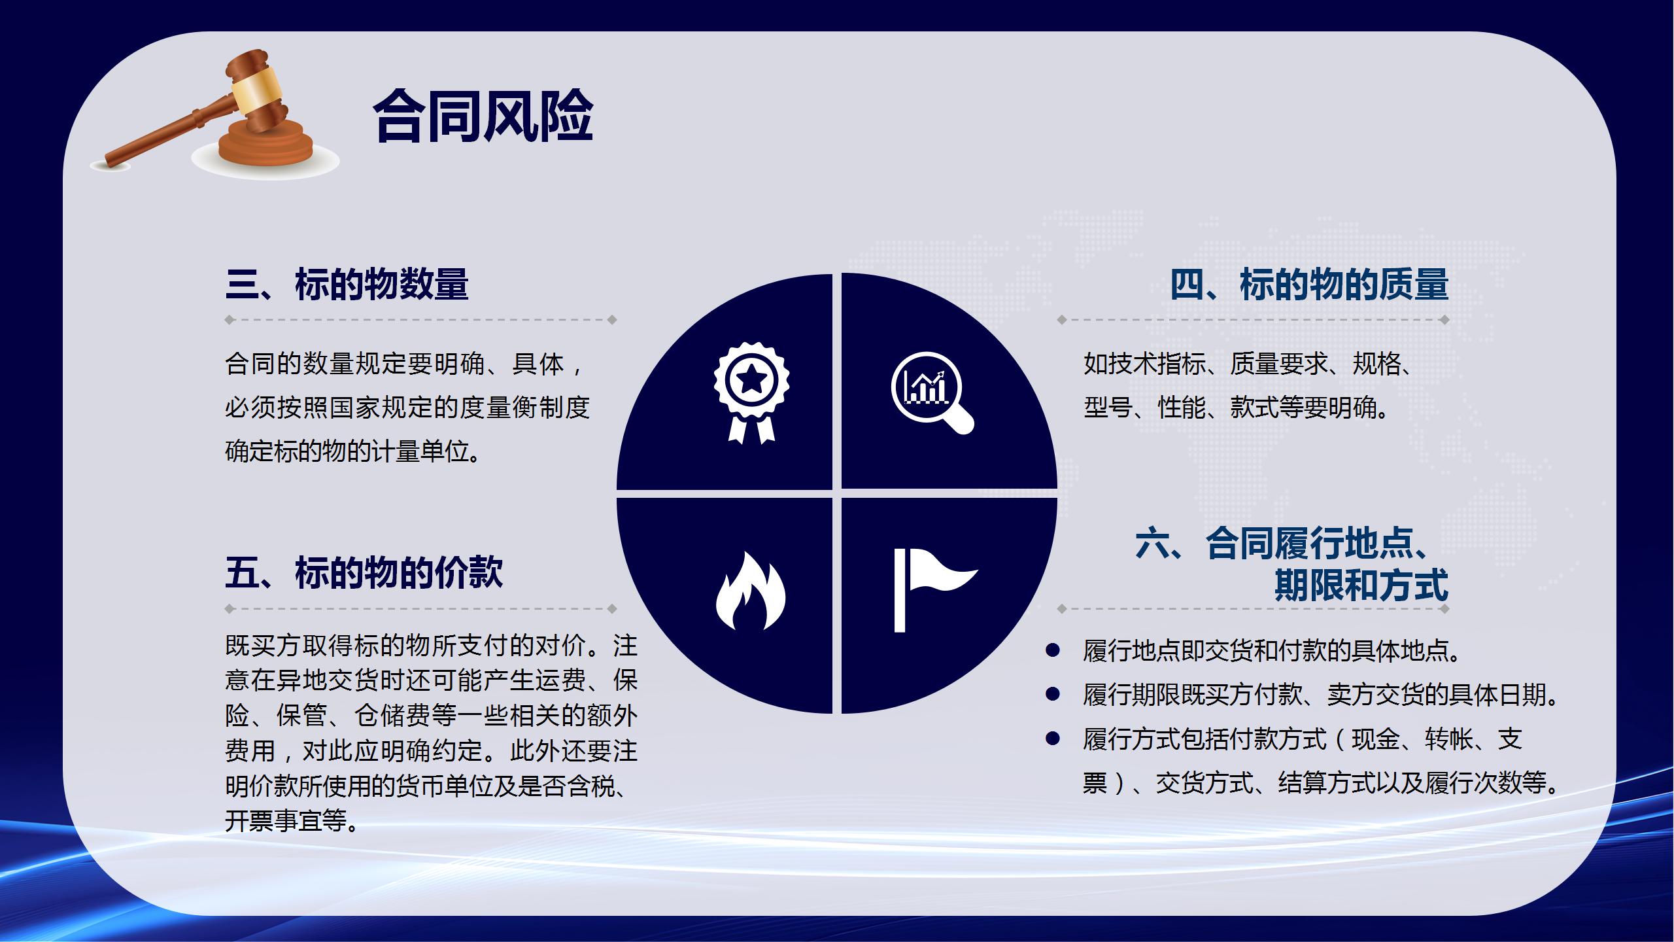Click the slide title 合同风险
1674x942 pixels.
click(x=483, y=116)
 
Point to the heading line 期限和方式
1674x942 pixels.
click(x=1361, y=585)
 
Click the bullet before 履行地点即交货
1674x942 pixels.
click(x=1053, y=650)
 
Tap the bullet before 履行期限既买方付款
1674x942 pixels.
click(x=1053, y=694)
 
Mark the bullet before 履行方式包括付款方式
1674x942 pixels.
click(x=1053, y=739)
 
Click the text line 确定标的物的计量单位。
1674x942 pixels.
click(x=354, y=451)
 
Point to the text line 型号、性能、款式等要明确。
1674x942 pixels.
click(x=1236, y=408)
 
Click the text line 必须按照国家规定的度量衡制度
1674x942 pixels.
click(x=407, y=408)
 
